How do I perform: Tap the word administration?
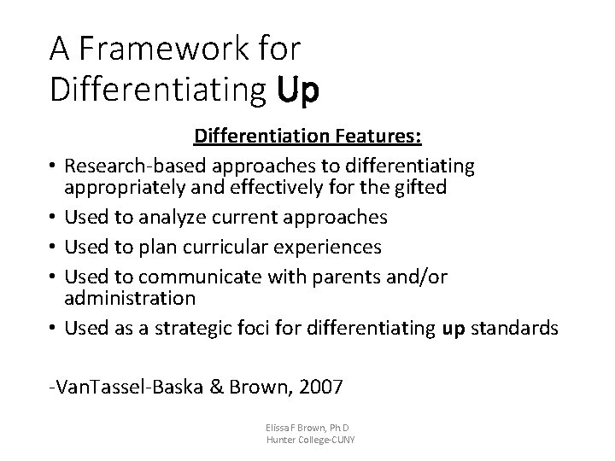[x=130, y=298]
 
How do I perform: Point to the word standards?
[x=517, y=328]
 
